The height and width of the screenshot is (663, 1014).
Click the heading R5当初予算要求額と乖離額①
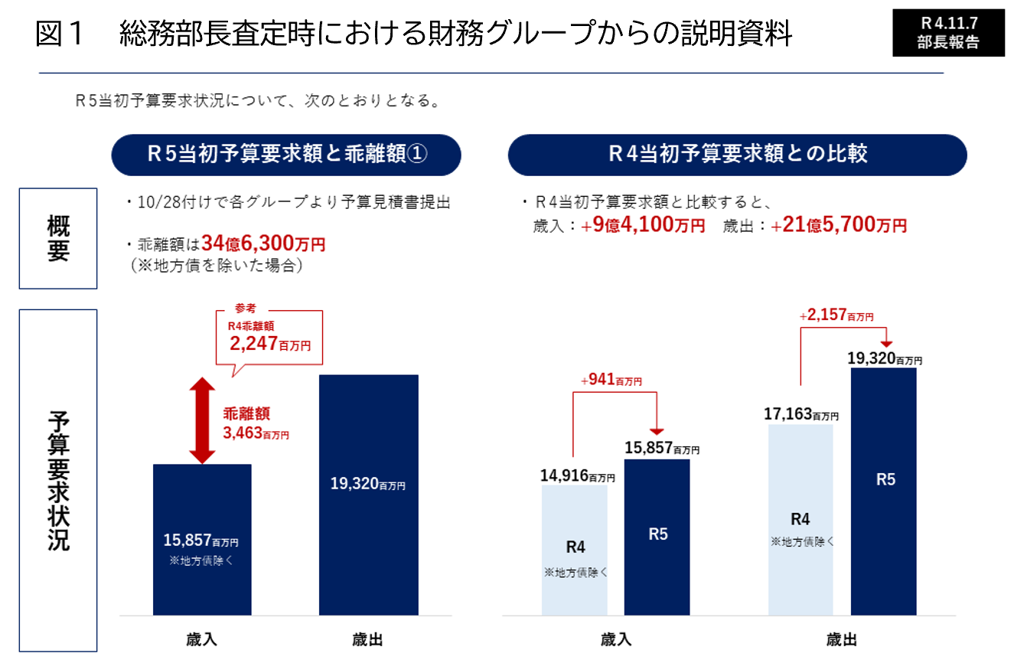point(286,155)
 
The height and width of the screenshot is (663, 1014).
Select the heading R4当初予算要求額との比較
point(737,155)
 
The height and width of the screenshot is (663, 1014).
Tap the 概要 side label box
point(58,238)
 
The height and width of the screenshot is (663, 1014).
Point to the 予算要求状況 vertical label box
point(58,480)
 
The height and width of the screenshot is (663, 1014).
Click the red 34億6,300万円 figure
point(263,244)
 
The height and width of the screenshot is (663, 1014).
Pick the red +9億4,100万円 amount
point(643,226)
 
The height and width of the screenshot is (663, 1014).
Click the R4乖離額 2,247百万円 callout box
point(269,337)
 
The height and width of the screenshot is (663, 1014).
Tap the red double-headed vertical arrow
point(202,420)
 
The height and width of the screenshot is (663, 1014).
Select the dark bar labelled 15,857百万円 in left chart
point(202,540)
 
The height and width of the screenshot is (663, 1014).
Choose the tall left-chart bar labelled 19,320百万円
point(368,495)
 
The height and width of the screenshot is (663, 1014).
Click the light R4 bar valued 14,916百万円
point(575,550)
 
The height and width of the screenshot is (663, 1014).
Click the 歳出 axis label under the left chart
point(368,640)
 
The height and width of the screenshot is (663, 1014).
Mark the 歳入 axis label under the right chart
point(617,640)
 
